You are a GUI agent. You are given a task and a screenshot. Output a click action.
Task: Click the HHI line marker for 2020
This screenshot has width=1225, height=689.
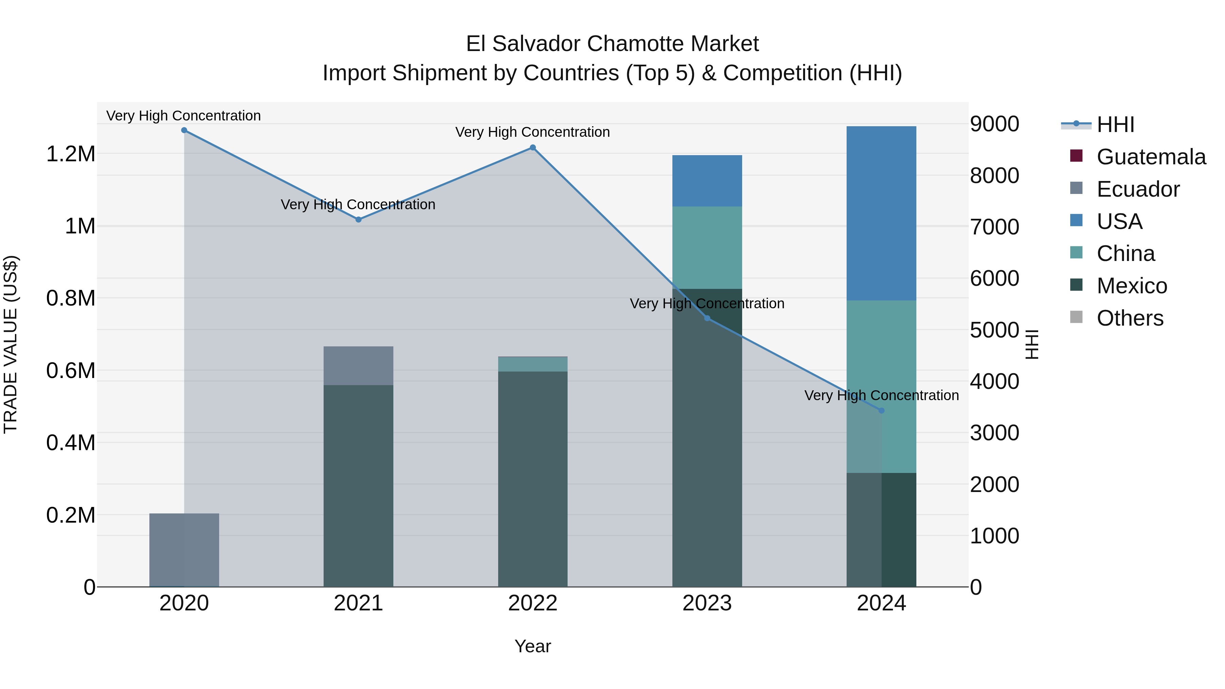tap(184, 130)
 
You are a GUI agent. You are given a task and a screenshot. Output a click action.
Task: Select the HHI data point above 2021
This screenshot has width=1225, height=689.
tap(359, 220)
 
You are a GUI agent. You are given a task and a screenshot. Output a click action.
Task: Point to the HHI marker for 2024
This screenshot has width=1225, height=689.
tap(881, 410)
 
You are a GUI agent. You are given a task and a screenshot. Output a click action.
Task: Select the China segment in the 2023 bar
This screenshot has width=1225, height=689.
tap(707, 248)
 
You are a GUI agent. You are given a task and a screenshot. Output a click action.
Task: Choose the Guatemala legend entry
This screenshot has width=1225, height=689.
tap(1151, 157)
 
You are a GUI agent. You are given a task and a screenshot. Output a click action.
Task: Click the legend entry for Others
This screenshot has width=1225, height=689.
tap(1130, 318)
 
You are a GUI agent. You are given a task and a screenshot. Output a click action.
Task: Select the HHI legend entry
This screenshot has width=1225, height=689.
tap(1115, 125)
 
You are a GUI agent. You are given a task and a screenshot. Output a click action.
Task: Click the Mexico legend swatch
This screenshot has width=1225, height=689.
tap(1076, 285)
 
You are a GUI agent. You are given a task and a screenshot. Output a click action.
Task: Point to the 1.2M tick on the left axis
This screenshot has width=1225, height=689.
tap(70, 154)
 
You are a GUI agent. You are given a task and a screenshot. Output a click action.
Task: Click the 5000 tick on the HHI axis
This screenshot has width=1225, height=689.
tap(994, 330)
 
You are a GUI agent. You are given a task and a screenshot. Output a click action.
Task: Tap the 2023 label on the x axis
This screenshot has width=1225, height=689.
tap(707, 603)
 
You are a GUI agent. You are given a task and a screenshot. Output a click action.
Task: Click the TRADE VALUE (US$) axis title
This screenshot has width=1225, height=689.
tap(11, 344)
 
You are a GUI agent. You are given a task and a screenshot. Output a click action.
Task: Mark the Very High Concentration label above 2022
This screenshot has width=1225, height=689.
tap(533, 132)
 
